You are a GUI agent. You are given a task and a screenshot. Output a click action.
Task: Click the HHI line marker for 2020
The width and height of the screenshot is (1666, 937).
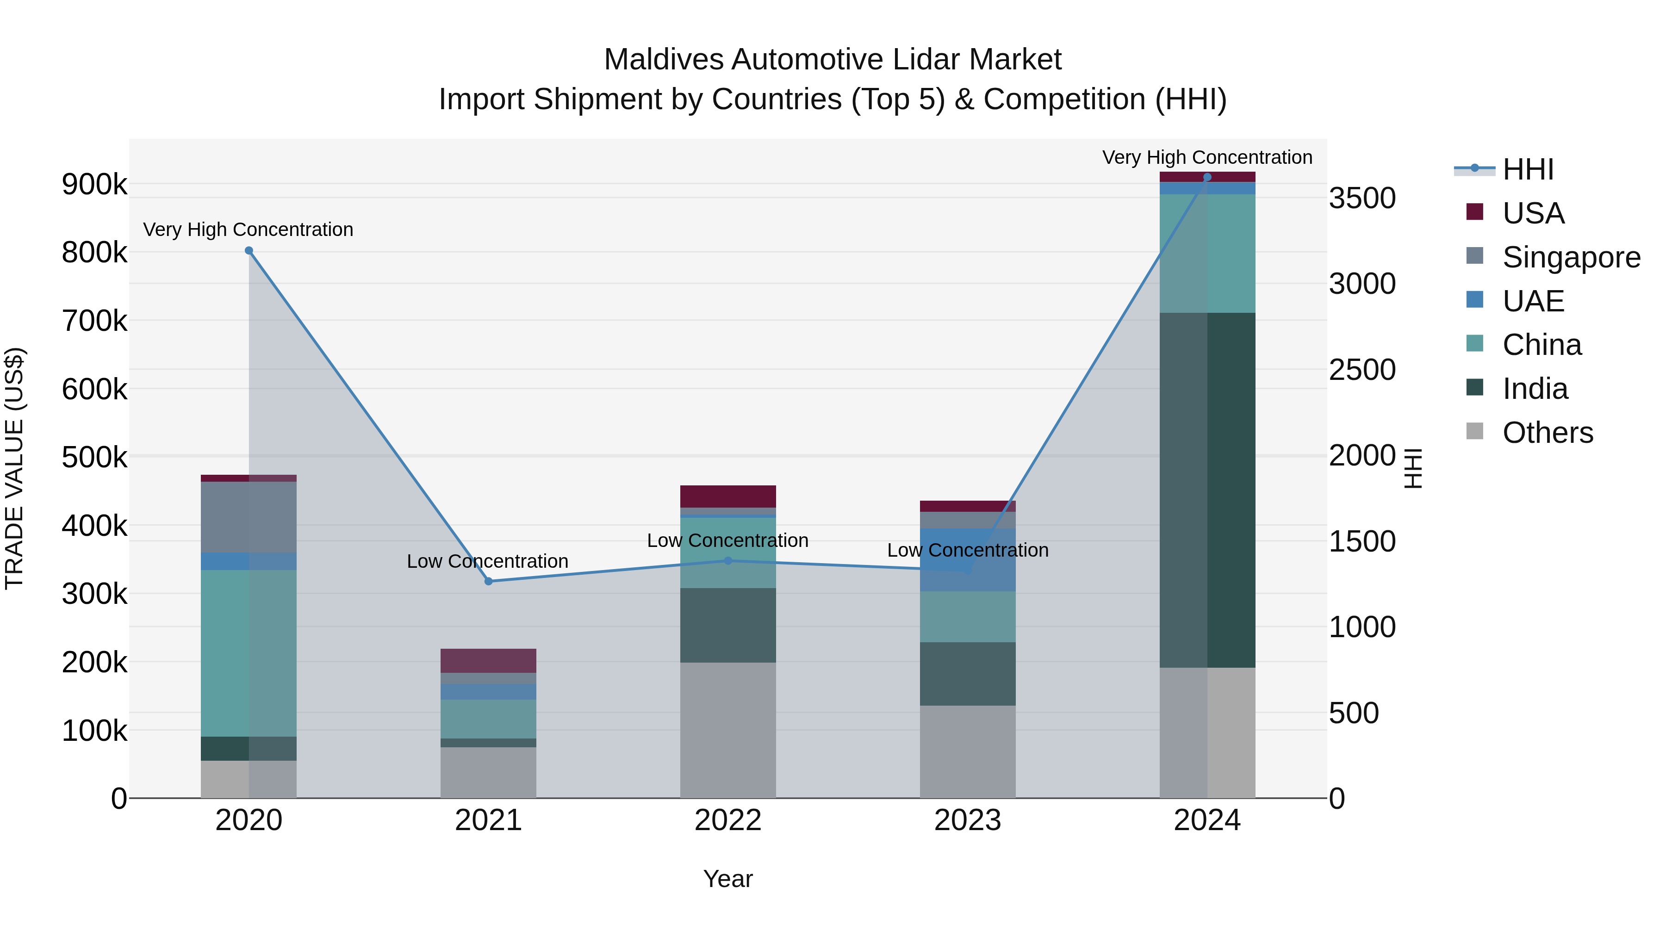(x=249, y=251)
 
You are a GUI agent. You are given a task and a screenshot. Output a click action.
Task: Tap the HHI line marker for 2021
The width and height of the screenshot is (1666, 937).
(x=488, y=581)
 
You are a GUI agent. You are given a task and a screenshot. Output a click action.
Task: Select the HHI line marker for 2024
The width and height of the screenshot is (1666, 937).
(x=1207, y=177)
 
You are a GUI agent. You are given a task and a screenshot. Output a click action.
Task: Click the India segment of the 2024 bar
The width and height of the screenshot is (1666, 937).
(x=1207, y=490)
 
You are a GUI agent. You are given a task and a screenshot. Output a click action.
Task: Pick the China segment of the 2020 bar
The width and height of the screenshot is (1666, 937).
(x=249, y=653)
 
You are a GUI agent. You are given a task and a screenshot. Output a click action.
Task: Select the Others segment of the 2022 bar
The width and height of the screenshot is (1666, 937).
(x=727, y=730)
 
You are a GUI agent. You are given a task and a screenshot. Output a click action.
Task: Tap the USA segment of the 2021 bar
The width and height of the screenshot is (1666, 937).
(x=488, y=660)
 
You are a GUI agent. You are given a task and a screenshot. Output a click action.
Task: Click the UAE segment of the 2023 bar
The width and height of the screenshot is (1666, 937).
(x=968, y=560)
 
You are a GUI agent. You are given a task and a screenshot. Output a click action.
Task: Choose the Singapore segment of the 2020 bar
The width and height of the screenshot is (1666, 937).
(x=249, y=517)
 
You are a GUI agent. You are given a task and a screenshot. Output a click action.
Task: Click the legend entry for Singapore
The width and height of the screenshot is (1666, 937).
(x=1570, y=257)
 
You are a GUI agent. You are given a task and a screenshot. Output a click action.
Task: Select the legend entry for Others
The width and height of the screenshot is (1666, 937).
(x=1547, y=433)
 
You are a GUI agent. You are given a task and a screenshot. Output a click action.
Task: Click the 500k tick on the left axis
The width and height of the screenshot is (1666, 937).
(x=94, y=457)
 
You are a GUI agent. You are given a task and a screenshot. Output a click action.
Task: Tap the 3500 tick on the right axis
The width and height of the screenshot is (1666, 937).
(x=1362, y=199)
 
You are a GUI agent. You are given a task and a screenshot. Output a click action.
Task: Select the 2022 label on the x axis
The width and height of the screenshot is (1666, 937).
(x=727, y=820)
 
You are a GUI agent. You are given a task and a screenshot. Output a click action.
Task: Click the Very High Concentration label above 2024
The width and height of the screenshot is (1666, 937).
(x=1207, y=158)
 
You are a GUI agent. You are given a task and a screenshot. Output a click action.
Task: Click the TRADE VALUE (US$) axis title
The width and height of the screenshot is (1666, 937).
(x=15, y=468)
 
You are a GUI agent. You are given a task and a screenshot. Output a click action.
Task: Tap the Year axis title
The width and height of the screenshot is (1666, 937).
(x=727, y=879)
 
